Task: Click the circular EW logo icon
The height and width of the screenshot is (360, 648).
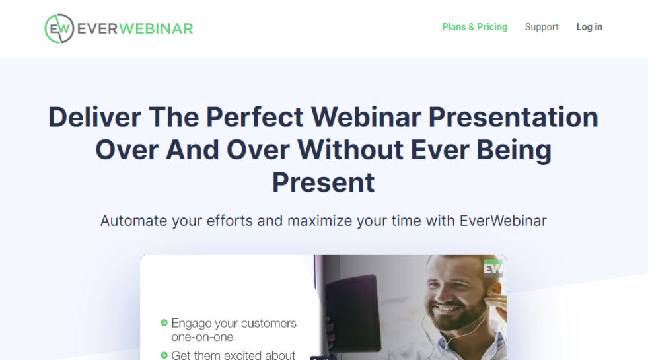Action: [59, 28]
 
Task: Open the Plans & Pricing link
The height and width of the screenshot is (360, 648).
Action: [474, 27]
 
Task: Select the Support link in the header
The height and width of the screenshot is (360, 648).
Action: [542, 27]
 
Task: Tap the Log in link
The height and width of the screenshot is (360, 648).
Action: [589, 27]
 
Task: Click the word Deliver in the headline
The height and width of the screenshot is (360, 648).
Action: [94, 118]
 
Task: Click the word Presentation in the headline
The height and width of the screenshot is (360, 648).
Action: [513, 118]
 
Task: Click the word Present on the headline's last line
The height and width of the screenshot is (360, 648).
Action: [324, 182]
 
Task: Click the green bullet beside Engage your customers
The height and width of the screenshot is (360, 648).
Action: [164, 323]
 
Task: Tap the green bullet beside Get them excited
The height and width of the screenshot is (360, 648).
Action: [164, 355]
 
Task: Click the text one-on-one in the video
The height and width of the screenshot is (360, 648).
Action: [202, 337]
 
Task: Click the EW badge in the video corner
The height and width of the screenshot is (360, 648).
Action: [493, 268]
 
